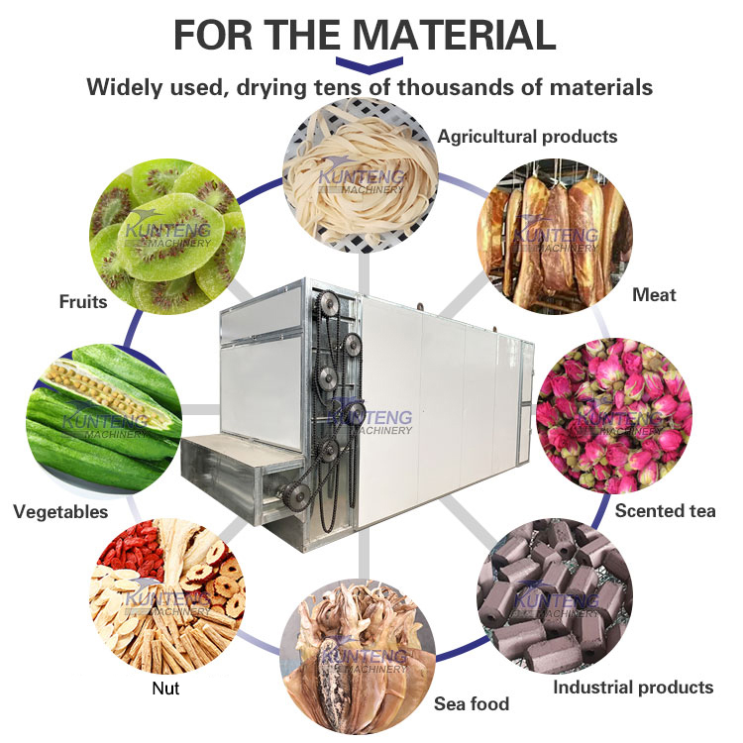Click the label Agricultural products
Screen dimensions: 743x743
point(527,136)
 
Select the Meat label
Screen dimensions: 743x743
point(654,294)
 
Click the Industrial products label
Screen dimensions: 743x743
point(632,687)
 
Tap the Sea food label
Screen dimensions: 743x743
point(472,704)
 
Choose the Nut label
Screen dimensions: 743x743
point(166,689)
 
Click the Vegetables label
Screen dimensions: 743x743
point(60,512)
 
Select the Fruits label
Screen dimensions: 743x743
point(82,301)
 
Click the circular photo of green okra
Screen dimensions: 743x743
point(104,416)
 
